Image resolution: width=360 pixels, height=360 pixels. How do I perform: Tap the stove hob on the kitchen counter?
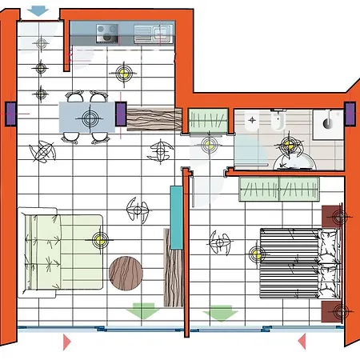[x=107, y=33]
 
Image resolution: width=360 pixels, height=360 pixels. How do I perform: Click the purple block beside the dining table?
[x=121, y=114]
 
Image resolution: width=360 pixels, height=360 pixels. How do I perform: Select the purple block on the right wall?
[x=350, y=114]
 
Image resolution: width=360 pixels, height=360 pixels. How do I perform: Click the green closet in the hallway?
[x=210, y=120]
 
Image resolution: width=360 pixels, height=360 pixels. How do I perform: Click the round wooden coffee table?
[x=126, y=273]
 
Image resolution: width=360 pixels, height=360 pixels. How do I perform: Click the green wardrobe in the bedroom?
[x=280, y=190]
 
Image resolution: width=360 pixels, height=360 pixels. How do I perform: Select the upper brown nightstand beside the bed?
[x=334, y=215]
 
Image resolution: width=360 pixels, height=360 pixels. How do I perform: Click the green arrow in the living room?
[x=144, y=311]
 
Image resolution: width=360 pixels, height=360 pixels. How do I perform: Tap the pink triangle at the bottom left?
[x=67, y=342]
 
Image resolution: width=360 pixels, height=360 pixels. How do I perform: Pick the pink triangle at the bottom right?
[x=302, y=342]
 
